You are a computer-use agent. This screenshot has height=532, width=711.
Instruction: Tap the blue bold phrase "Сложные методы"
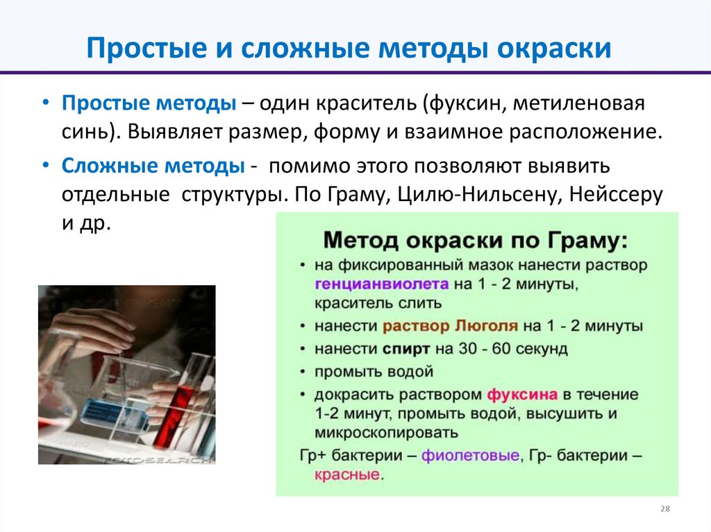coord(153,167)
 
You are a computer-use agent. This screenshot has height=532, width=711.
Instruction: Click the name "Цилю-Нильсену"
coord(478,196)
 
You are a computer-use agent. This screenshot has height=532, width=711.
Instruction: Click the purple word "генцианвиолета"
coord(381,284)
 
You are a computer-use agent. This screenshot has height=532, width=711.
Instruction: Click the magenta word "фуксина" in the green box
coord(522,395)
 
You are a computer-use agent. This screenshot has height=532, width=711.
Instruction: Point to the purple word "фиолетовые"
coord(471,456)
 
